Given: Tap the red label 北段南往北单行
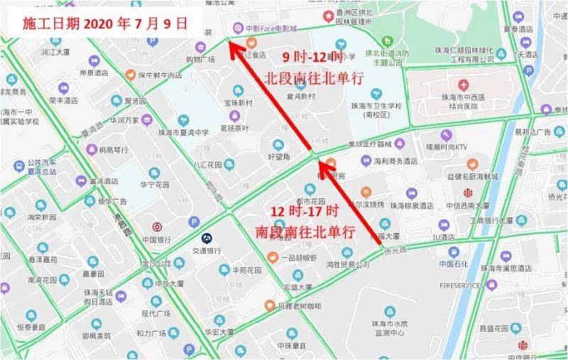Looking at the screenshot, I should tap(315, 77).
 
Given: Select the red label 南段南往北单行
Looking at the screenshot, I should tap(305, 231).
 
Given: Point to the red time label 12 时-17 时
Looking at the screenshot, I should tap(305, 212).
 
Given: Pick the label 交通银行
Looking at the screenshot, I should tap(207, 251).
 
